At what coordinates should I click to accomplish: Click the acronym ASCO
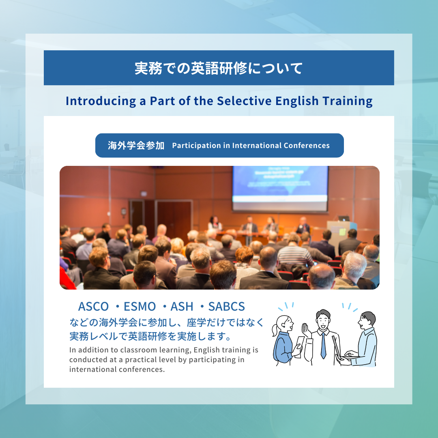click(93, 307)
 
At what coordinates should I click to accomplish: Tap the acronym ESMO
click(140, 307)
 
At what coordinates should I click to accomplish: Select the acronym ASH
click(182, 307)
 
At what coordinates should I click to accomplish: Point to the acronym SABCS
click(227, 307)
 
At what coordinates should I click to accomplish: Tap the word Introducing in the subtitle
click(101, 101)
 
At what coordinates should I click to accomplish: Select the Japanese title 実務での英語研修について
click(219, 68)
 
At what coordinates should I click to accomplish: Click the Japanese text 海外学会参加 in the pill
click(136, 146)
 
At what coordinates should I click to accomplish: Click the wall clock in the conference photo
click(124, 211)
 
